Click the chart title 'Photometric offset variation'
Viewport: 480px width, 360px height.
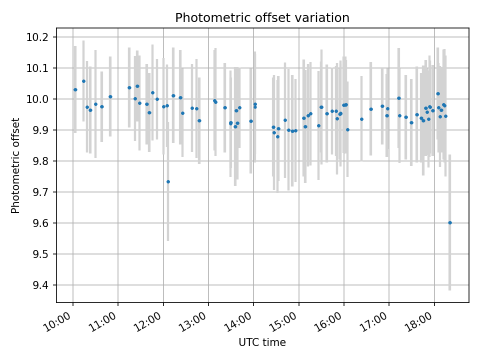[262, 18]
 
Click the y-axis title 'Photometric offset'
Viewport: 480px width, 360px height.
[15, 165]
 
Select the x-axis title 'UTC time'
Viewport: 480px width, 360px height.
[262, 342]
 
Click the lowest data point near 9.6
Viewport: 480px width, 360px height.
[450, 222]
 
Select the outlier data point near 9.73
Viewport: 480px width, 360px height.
[168, 181]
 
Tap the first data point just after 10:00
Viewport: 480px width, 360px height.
[75, 90]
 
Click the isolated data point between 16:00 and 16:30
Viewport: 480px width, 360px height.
[361, 119]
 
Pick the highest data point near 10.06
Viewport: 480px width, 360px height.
[83, 81]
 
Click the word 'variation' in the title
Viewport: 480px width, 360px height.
[326, 18]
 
